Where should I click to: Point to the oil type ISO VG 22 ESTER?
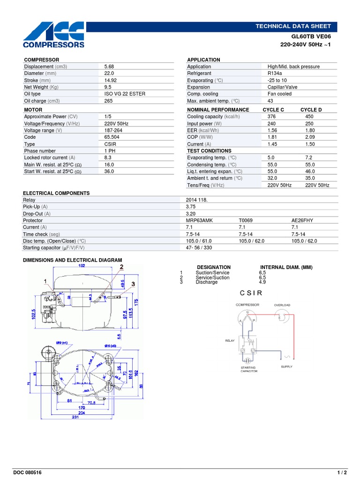tap(125, 94)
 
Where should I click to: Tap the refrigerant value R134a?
tap(274, 74)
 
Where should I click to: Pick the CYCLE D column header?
tap(311, 110)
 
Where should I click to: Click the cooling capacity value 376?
tap(271, 117)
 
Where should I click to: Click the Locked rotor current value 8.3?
tap(107, 157)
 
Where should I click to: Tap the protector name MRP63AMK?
tap(199, 220)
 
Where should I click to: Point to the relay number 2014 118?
tap(196, 200)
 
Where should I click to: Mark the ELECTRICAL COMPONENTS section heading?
tap(56, 193)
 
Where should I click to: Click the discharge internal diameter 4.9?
tap(262, 282)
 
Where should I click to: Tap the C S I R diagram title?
tap(251, 293)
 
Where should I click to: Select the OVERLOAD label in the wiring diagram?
tap(282, 305)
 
